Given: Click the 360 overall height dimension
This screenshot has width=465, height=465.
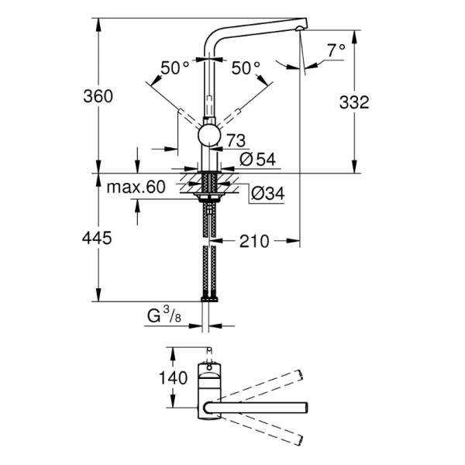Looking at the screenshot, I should pos(99,96).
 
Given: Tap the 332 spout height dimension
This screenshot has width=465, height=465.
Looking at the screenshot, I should pos(354,102).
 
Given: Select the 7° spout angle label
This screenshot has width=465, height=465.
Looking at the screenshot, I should pos(335,50).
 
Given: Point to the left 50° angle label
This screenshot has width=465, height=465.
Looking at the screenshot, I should pos(174,67).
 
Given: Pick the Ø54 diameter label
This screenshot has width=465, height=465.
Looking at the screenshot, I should pos(259,160).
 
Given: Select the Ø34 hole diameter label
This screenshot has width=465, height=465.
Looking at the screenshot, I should pos(267,194).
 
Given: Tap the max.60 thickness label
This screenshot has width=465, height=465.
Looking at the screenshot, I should pos(136,188).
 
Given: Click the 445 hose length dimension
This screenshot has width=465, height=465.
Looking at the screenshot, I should pos(98,239).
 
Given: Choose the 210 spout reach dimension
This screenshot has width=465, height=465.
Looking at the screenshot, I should pos(253,242).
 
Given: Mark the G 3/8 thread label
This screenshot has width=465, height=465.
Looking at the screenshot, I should pos(165,316).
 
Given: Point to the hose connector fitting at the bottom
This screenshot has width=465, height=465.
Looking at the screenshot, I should pos(208,298).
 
